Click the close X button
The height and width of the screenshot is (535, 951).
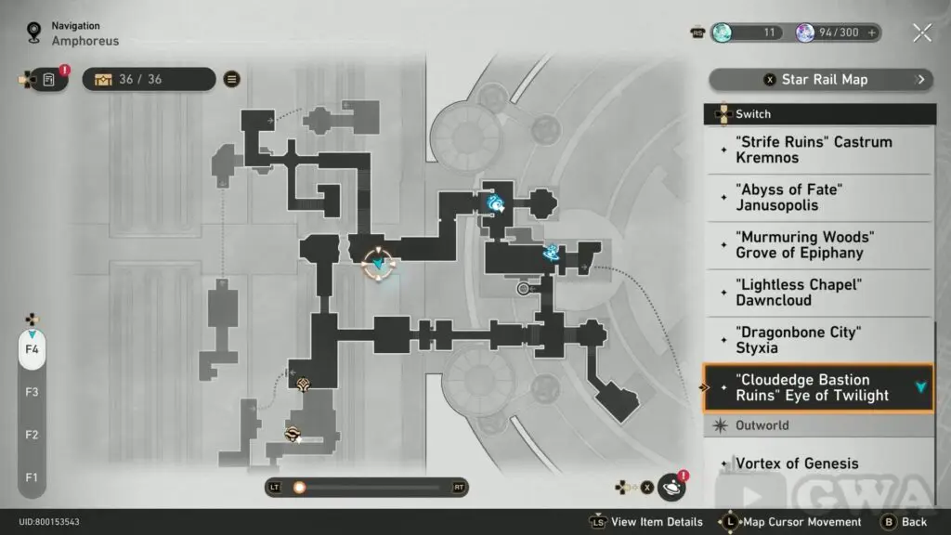[921, 33]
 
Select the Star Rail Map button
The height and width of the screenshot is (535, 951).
[821, 79]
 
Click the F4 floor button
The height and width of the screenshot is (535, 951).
[32, 350]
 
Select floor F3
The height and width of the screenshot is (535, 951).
[32, 392]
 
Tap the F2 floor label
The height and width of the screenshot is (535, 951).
[32, 435]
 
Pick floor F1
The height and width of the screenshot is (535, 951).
[32, 477]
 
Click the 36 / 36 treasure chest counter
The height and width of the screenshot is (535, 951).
[139, 79]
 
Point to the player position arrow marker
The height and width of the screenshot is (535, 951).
[378, 265]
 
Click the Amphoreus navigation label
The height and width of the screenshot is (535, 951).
[85, 41]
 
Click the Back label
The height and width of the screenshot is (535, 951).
[914, 522]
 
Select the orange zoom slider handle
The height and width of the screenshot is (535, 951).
[299, 487]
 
